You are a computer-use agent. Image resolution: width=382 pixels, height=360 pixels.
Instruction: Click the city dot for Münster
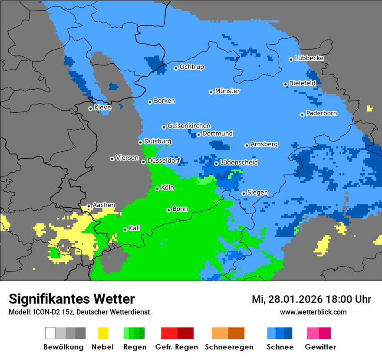pos(211,92)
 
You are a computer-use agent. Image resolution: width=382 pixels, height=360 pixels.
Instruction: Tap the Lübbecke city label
pos(309,58)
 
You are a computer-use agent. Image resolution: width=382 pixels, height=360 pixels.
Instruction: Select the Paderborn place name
pos(321,113)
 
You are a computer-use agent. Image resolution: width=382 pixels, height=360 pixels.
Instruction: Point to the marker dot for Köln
pos(157,189)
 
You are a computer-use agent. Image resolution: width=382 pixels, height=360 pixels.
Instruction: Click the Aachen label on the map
pos(104,205)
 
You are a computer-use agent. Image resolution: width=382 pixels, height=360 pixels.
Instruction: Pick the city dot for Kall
pos(125,229)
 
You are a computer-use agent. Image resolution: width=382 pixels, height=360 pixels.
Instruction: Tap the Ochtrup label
pos(191,67)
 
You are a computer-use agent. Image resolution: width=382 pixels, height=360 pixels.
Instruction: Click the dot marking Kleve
pos(90,108)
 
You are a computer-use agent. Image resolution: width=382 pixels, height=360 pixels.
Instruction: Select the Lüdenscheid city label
pos(239,162)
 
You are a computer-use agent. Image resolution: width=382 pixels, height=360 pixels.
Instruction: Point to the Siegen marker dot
pos(244,193)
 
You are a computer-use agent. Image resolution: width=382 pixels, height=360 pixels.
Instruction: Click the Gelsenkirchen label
pos(189,126)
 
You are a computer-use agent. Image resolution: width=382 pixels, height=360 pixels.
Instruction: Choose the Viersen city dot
pos(112,159)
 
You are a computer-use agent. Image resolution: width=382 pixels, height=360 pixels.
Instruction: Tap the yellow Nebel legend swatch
pos(103,333)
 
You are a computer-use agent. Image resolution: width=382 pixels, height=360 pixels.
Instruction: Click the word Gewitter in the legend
pos(320,347)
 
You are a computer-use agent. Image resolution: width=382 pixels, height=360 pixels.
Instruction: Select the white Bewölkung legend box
pos(50,333)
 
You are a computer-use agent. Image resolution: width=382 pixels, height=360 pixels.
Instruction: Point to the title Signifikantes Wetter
pos(72,299)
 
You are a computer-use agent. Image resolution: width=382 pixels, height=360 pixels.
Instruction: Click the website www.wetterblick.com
pos(313,312)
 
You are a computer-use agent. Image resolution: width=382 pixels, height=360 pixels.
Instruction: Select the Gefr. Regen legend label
pos(177,347)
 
